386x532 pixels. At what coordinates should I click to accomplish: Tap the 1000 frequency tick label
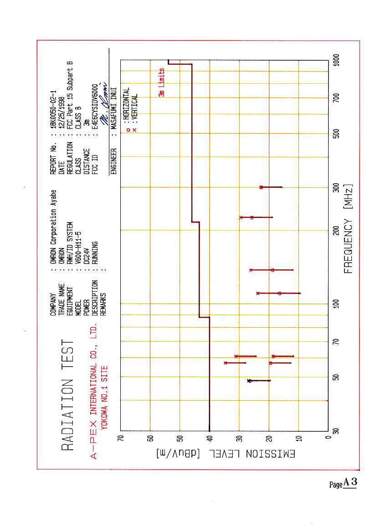[x=336, y=61]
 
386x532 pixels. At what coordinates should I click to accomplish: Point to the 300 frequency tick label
[x=336, y=188]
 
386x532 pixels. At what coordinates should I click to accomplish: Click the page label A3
[x=350, y=483]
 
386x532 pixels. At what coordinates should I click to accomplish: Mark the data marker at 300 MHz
[x=261, y=187]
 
